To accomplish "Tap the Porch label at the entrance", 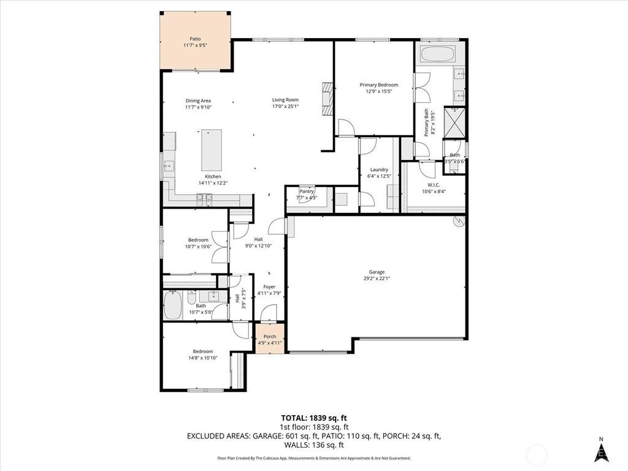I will (x=269, y=337).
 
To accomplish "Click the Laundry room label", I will (x=379, y=170).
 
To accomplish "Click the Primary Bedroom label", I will (x=378, y=85).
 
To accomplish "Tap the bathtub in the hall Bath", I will (x=172, y=305).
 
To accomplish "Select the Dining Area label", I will (x=198, y=101).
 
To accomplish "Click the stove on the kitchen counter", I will (x=204, y=197).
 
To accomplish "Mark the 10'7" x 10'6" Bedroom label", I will (x=198, y=240).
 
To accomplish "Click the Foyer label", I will (x=269, y=286).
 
